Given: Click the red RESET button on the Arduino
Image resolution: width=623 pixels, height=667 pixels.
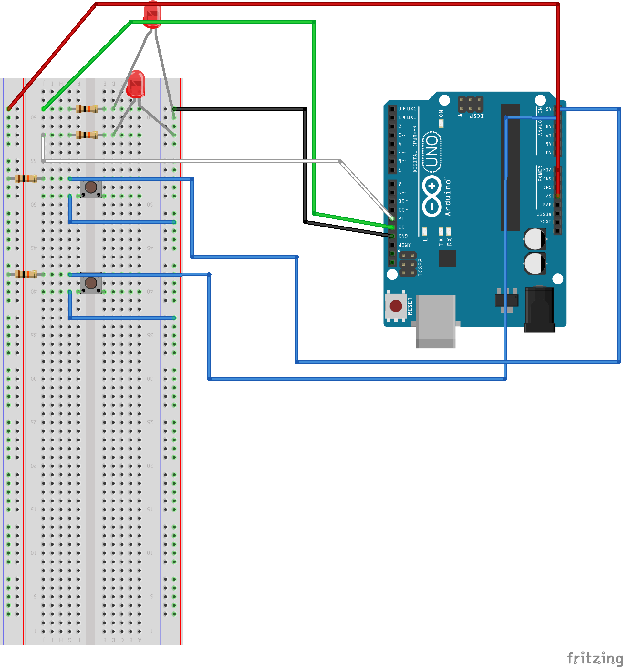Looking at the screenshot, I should tap(396, 306).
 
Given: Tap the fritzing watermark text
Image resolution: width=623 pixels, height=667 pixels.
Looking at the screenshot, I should tap(595, 659).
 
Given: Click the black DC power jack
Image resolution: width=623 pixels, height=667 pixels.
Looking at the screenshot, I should tap(539, 309).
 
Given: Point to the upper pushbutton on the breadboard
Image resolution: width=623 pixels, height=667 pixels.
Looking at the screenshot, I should tap(91, 187).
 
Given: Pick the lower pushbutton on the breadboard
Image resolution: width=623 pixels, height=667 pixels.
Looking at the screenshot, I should tap(91, 283).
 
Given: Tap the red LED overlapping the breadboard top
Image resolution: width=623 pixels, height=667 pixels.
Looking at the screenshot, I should tap(136, 84).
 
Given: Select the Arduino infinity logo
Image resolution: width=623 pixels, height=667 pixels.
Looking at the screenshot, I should tap(432, 196).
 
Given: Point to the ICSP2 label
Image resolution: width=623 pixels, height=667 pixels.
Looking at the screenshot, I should tap(421, 268).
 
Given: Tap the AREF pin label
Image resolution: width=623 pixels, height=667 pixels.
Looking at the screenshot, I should tap(405, 245).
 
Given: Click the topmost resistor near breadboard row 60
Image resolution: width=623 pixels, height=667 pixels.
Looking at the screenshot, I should tap(87, 109).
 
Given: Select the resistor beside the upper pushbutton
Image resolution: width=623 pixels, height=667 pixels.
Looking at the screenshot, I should tap(26, 178).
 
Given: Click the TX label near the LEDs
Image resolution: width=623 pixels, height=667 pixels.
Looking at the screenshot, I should tap(441, 242).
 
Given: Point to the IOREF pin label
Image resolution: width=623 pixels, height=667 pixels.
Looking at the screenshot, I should tap(544, 222).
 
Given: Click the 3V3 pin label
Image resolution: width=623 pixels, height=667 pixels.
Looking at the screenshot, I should tap(547, 205).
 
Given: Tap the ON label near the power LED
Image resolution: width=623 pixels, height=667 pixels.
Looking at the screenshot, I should tap(441, 113).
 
